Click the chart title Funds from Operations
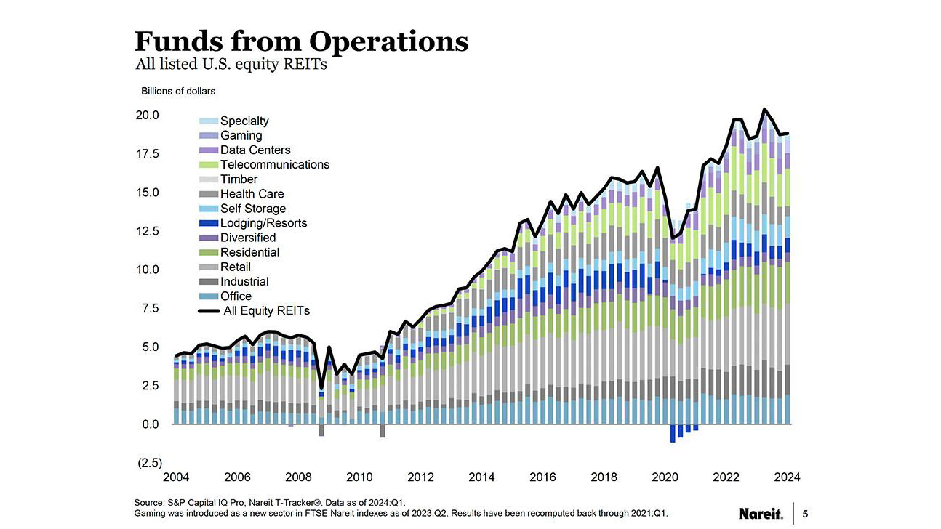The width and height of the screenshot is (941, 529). (x=302, y=41)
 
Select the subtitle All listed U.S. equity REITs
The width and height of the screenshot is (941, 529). (x=231, y=65)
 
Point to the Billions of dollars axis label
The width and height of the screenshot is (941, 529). (x=177, y=91)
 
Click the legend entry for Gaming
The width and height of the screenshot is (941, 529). (x=241, y=135)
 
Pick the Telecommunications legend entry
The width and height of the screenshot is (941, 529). (x=274, y=164)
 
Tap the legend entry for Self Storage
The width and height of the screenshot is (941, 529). (x=252, y=209)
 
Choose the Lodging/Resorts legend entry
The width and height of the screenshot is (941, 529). (x=263, y=223)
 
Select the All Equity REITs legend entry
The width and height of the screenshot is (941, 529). (x=265, y=310)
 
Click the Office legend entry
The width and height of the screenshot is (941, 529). (x=236, y=296)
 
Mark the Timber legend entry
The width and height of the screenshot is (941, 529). (x=239, y=179)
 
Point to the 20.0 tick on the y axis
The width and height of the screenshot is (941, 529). (x=148, y=116)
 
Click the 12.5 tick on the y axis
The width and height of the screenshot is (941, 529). (x=148, y=231)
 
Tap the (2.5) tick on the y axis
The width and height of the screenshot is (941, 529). (x=151, y=463)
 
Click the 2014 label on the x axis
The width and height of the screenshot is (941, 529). (x=481, y=477)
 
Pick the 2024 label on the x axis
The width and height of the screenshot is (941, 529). (x=787, y=477)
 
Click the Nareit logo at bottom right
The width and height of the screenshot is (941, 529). (x=761, y=514)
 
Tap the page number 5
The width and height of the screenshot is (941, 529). (x=804, y=514)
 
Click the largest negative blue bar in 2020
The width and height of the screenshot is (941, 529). (x=673, y=433)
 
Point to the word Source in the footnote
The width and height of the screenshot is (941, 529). (x=150, y=502)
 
